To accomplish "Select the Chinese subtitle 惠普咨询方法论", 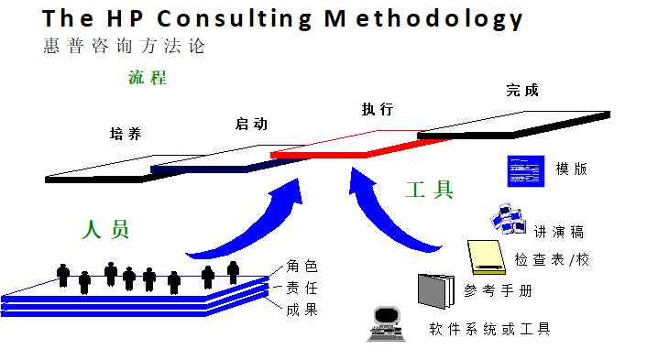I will pyautogui.click(x=123, y=46).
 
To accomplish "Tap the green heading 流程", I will pyautogui.click(x=147, y=78).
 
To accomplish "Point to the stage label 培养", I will pyautogui.click(x=126, y=134).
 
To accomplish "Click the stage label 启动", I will pyautogui.click(x=251, y=124).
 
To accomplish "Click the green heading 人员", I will pyautogui.click(x=106, y=229).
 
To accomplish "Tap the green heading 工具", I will pyautogui.click(x=430, y=190).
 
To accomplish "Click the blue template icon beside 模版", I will pyautogui.click(x=527, y=170).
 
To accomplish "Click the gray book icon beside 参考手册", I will pyautogui.click(x=436, y=290).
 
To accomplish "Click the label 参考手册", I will pyautogui.click(x=498, y=291).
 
